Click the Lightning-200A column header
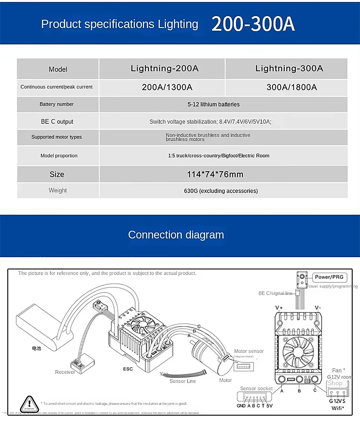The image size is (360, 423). pos(165,68)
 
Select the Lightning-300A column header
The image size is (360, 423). pos(289,68)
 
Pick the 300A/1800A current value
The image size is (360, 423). pos(292,87)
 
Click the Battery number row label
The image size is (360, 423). pos(57,104)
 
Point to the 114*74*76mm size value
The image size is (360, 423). pos(215,174)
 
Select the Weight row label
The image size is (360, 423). pos(58,190)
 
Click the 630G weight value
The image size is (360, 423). pos(221,191)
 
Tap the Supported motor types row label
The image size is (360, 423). pos(57,137)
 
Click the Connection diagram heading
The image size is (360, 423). pos(176,235)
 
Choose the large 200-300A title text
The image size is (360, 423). pos(253,24)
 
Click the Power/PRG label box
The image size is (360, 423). pos(329,277)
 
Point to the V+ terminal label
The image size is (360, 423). pos(279,308)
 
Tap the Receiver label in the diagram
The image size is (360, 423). pos(65,372)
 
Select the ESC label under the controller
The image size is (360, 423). pos(128,369)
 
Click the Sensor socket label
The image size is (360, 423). pos(256,388)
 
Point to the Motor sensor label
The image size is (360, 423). pos(249,351)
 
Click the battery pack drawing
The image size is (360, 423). pos(40,331)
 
